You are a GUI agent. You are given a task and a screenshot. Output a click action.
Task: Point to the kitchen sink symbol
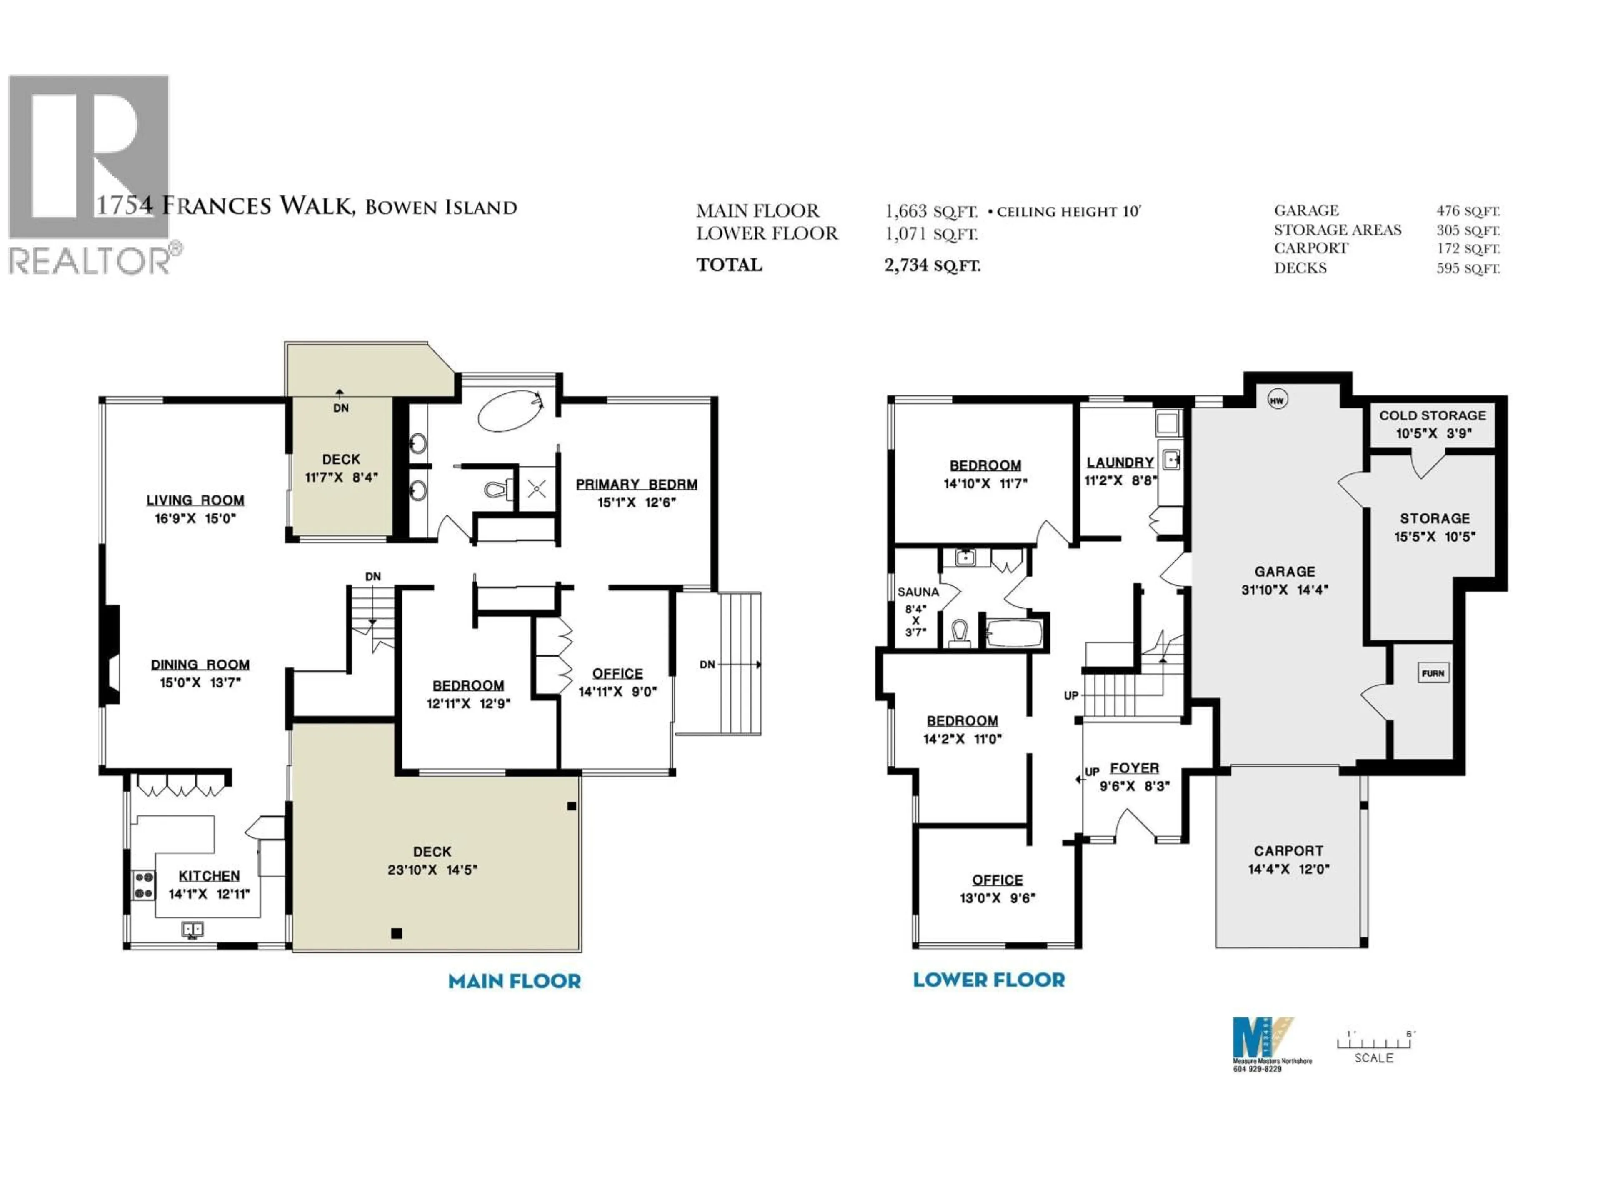(192, 929)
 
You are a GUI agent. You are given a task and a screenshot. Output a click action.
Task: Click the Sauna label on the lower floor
(918, 592)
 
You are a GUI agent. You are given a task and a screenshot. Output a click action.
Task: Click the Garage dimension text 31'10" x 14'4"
(1285, 590)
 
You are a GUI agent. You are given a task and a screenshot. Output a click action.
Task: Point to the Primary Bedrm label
(637, 484)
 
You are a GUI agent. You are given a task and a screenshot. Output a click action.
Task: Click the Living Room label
(195, 500)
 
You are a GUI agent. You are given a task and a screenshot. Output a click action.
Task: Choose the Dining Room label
(200, 664)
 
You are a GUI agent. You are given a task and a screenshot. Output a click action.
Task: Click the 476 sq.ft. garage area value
(1467, 211)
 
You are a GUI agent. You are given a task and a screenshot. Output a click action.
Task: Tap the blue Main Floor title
(514, 982)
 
